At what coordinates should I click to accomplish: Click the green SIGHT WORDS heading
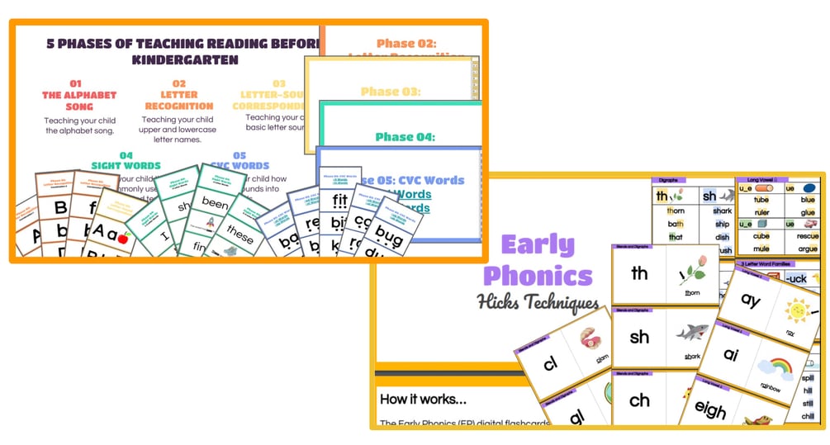tap(126, 165)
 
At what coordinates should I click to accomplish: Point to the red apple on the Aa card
tap(124, 238)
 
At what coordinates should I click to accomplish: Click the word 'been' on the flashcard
tap(216, 204)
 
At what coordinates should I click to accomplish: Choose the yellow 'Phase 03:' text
tap(390, 92)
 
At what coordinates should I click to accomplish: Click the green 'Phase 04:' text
tap(405, 137)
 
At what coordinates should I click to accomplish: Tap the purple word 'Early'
tap(538, 245)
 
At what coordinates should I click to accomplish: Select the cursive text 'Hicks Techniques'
tap(538, 303)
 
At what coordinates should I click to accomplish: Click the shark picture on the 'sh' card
tap(692, 332)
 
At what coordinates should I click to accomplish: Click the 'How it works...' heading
tap(422, 399)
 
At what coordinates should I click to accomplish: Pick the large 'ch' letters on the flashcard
tap(639, 400)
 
